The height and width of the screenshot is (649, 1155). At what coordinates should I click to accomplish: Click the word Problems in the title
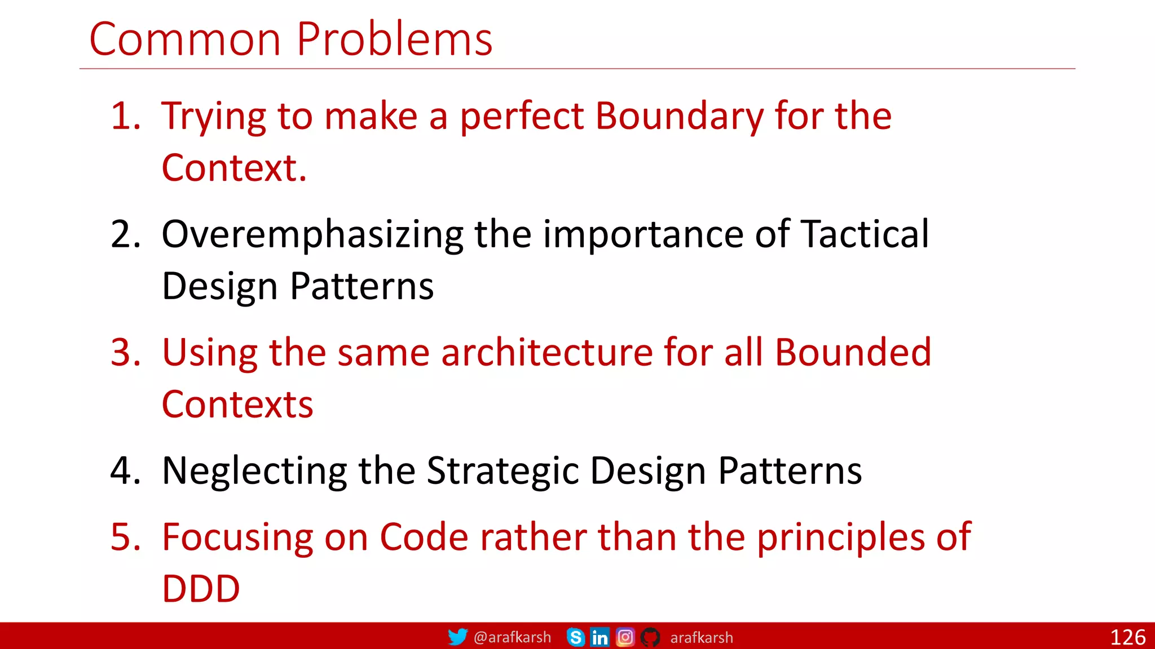point(394,39)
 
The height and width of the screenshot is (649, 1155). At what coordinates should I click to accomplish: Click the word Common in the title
point(185,39)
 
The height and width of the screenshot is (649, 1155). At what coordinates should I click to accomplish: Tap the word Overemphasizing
point(312,234)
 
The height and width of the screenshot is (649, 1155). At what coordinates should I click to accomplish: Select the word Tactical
point(865,234)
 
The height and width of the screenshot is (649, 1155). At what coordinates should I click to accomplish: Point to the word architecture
point(546,353)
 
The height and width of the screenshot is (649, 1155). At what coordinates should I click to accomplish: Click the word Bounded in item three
point(853,353)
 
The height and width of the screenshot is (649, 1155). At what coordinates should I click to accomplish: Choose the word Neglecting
point(254,471)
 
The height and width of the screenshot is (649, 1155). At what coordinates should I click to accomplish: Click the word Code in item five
point(424,537)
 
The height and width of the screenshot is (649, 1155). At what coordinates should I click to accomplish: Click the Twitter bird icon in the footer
point(457,637)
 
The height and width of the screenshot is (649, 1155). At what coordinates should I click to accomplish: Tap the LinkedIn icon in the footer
point(599,637)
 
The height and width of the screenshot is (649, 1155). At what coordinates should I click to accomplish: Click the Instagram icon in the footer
point(625,637)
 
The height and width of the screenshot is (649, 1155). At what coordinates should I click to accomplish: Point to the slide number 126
point(1127,637)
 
